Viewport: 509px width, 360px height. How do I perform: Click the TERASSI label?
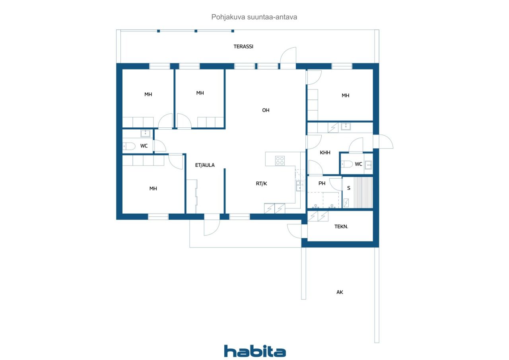tap(243, 47)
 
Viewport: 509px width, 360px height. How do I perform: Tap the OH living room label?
tap(266, 110)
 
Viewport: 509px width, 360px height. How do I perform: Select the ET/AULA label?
tap(205, 165)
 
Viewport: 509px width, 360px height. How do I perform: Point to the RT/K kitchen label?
tap(261, 183)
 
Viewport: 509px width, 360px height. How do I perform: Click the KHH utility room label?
tap(325, 152)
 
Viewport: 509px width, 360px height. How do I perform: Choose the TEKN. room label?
tap(341, 226)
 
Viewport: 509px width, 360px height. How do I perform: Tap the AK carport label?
tap(340, 292)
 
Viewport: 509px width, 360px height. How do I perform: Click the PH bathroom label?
tap(322, 183)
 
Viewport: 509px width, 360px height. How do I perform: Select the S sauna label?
tap(349, 188)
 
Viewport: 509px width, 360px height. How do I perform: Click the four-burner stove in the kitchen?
tap(280, 160)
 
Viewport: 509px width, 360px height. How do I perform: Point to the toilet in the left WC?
tap(129, 146)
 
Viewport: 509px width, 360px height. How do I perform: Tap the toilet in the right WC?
tap(346, 164)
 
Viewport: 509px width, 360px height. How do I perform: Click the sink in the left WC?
tap(145, 133)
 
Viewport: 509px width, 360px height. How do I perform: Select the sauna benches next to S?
tap(363, 193)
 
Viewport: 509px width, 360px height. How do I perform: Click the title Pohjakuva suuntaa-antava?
tap(254, 17)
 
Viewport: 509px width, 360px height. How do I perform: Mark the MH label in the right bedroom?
tap(345, 95)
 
